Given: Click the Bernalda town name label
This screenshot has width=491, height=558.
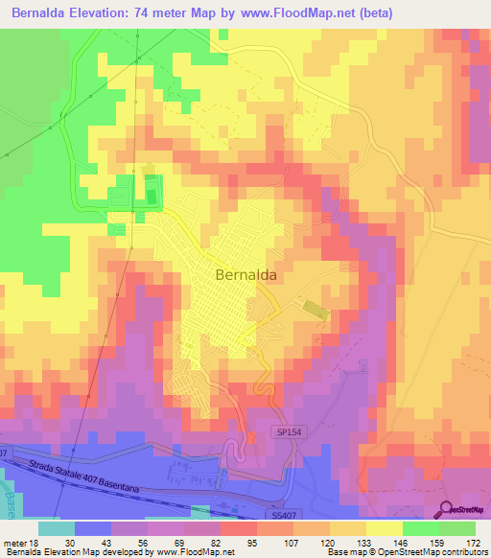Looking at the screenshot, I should point(247,274).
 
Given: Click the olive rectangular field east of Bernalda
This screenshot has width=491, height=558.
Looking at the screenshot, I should point(315,310).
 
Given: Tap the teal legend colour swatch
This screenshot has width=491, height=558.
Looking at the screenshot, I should point(57,527).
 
